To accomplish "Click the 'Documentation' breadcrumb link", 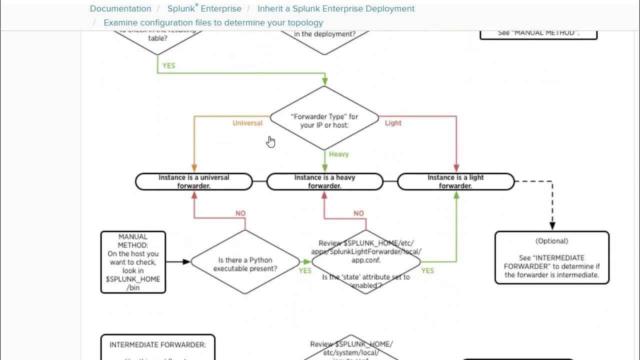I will (x=120, y=8).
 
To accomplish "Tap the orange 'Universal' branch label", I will (x=247, y=123).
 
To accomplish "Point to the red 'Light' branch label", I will (x=393, y=123).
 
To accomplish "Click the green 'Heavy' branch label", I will (x=338, y=154).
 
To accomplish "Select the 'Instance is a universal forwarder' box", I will (x=194, y=181).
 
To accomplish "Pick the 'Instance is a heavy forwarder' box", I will (x=325, y=181).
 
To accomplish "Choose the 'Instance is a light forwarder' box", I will (x=455, y=181).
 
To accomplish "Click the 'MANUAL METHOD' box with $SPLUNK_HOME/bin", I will (x=133, y=262).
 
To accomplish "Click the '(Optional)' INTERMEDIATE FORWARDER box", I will (x=552, y=257).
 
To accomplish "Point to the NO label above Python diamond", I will (x=240, y=213).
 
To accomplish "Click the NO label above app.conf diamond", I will (x=358, y=213).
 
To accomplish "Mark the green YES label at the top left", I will (x=169, y=65).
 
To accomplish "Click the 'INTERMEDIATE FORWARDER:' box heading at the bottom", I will (x=157, y=344).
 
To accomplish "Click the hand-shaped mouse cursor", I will (x=270, y=142).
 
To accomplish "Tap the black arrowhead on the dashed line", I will (x=552, y=225).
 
